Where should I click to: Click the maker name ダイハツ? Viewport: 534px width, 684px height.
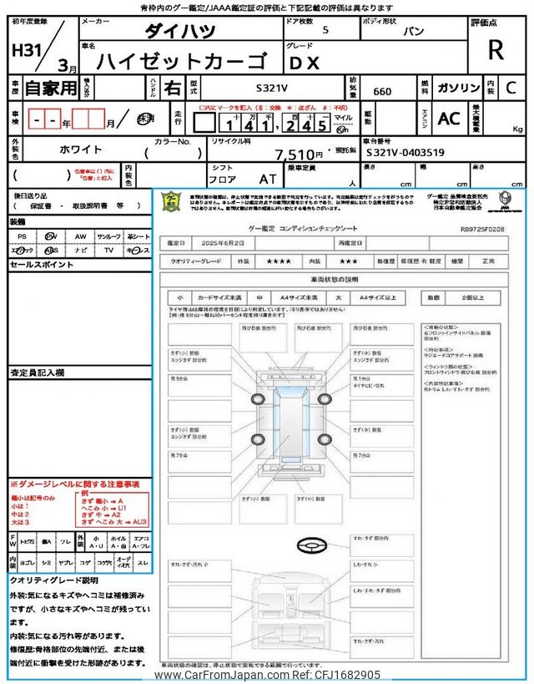pyautogui.click(x=179, y=31)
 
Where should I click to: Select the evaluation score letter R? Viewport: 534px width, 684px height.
pyautogui.click(x=496, y=50)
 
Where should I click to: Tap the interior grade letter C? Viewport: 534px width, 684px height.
pyautogui.click(x=511, y=87)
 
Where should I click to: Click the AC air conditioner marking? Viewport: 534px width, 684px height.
pyautogui.click(x=449, y=119)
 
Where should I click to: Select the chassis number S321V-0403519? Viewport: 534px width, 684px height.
pyautogui.click(x=405, y=153)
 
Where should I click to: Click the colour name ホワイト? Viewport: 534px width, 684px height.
pyautogui.click(x=80, y=149)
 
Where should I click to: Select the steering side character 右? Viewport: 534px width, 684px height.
pyautogui.click(x=173, y=87)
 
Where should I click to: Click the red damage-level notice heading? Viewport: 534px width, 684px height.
pyautogui.click(x=74, y=484)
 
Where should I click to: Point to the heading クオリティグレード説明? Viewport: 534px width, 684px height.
pyautogui.click(x=54, y=579)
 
